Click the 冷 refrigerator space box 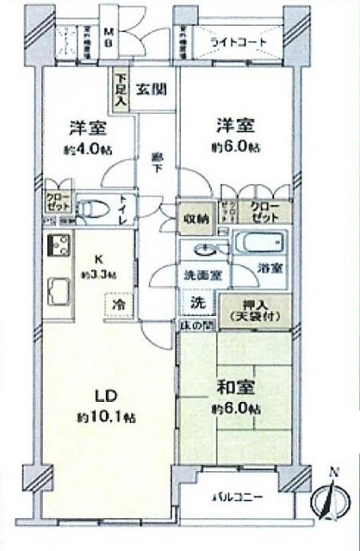click(x=115, y=305)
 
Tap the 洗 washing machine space click(x=196, y=303)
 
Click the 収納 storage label click(x=196, y=218)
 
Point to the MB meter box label click(x=109, y=35)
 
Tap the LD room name click(x=104, y=397)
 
